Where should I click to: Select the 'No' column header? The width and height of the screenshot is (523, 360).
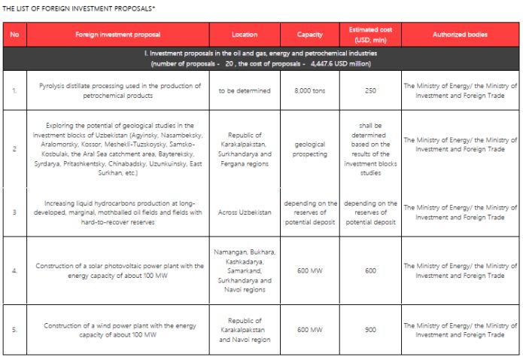(14, 35)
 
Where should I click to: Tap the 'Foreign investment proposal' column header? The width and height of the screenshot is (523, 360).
(120, 35)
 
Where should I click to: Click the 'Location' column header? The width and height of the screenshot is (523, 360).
(244, 35)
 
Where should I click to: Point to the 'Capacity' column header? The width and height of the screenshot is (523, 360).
(310, 35)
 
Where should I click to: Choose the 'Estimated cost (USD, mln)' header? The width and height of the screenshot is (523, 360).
(370, 35)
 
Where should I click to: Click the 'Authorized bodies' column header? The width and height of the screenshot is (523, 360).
(460, 35)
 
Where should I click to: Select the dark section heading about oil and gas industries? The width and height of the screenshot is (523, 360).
(260, 58)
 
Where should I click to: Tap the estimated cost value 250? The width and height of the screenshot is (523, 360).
(370, 90)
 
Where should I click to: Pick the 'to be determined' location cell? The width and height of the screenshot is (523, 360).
(244, 90)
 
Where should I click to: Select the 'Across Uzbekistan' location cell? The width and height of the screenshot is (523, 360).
(244, 212)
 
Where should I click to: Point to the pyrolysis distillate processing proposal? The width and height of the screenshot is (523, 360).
(120, 90)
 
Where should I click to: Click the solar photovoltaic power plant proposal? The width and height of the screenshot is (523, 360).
(120, 270)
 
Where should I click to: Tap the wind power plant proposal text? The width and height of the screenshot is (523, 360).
(120, 330)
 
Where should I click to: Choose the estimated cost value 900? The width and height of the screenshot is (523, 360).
(370, 330)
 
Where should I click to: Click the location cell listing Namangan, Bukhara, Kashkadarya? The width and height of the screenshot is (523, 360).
(244, 270)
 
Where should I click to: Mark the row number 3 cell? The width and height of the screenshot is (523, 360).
(14, 212)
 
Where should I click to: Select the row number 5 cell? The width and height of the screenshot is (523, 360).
(14, 330)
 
